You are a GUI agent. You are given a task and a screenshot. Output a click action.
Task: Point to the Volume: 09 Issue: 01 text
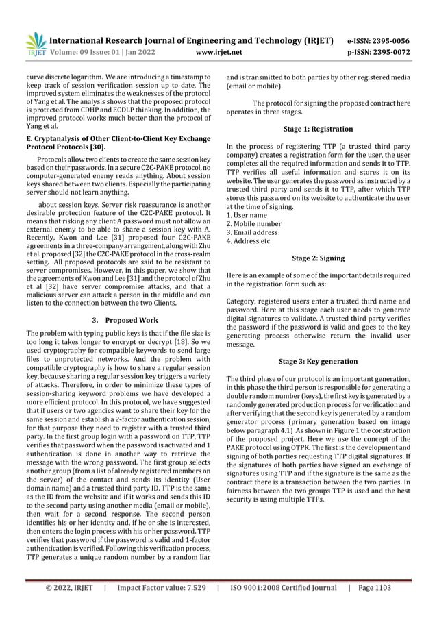click(x=98, y=51)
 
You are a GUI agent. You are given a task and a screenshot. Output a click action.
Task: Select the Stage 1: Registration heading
click(x=319, y=129)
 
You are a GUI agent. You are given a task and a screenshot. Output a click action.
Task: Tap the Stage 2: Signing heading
click(x=319, y=259)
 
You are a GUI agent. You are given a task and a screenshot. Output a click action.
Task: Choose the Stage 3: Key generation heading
click(x=319, y=361)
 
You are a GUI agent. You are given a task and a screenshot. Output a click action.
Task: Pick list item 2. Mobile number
click(x=253, y=223)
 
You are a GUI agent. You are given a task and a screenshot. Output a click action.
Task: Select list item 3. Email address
click(x=253, y=232)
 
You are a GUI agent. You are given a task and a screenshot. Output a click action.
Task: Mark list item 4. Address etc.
click(x=249, y=241)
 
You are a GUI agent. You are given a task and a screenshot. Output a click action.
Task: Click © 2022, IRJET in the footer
click(x=68, y=588)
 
